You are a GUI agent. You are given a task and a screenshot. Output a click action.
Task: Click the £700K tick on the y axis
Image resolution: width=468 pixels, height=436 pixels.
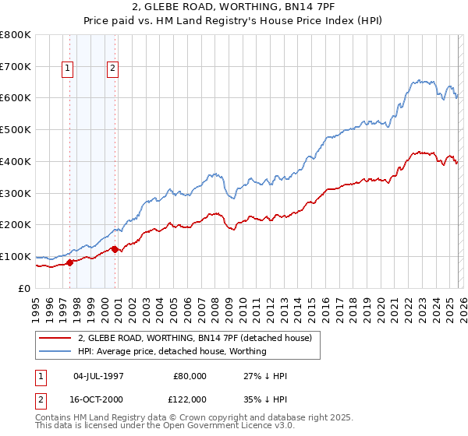[x=16, y=66]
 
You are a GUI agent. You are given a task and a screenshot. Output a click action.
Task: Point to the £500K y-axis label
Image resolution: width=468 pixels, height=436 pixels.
[x=16, y=129]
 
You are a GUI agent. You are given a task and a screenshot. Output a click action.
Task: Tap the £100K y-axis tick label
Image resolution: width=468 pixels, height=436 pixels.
[x=16, y=256]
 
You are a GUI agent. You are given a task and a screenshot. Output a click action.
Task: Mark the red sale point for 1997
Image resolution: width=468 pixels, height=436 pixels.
[x=69, y=262]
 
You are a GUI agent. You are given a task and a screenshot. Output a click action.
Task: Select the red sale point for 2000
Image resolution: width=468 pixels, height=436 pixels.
[x=115, y=249]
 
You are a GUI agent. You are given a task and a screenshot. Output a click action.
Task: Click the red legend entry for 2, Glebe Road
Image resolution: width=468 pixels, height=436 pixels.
[x=195, y=338]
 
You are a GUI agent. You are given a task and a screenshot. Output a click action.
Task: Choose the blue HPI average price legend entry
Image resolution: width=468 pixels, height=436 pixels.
[x=172, y=351]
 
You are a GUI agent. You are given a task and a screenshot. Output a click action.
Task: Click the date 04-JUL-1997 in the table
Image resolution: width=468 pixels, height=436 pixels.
[x=98, y=376]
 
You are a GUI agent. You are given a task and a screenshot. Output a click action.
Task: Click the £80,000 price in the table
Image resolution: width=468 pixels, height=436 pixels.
[x=190, y=376]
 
